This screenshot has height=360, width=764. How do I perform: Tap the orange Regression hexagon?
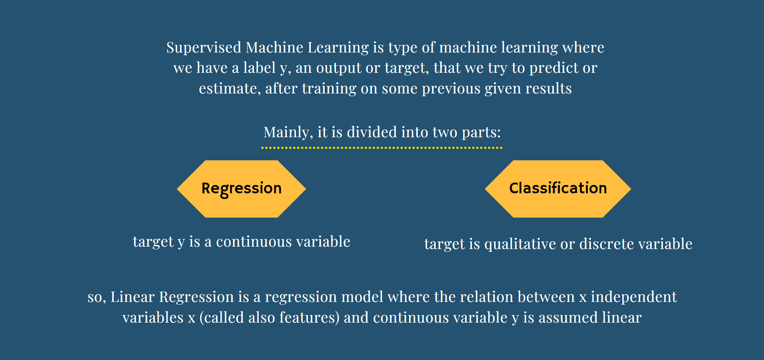[x=242, y=189]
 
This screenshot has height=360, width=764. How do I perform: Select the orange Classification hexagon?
[x=558, y=189]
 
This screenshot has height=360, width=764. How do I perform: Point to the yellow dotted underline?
[x=382, y=148]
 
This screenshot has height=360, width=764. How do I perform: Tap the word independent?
[x=634, y=297]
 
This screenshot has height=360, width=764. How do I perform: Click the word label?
[x=259, y=68]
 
